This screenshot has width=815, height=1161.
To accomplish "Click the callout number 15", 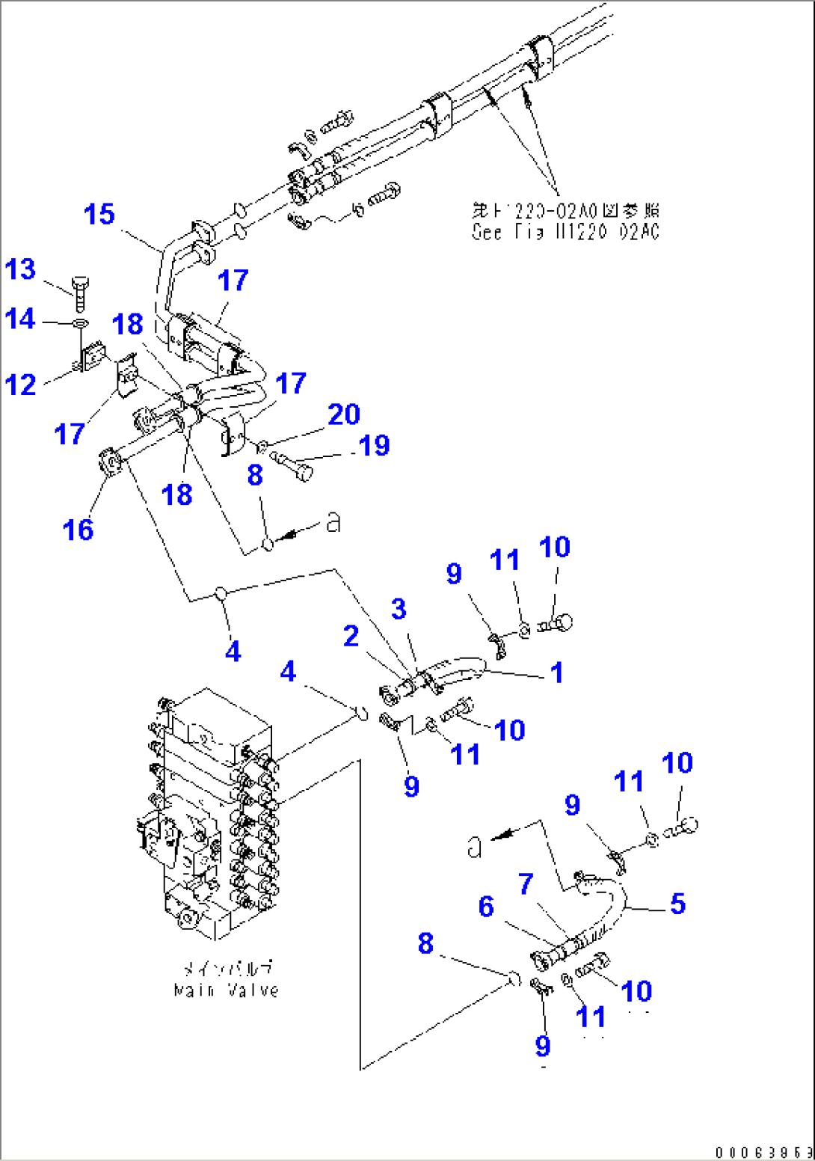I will click(99, 215).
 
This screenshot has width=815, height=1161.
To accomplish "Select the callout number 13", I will click(20, 269).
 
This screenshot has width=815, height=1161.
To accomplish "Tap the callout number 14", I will click(20, 319).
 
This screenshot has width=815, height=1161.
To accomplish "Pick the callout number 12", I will click(20, 385).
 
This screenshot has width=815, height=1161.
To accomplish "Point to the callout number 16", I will click(78, 530).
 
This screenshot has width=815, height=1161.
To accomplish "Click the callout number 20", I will click(344, 414).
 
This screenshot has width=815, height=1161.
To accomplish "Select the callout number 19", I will click(374, 446).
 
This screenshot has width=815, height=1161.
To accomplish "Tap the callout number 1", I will click(556, 673).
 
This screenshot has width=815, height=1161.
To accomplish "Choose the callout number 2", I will click(351, 637).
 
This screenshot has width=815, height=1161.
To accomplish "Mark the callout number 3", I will click(399, 609).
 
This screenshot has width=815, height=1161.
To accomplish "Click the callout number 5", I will click(677, 904).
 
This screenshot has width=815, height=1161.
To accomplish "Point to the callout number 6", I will click(486, 907).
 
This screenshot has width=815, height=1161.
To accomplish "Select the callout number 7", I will click(526, 884).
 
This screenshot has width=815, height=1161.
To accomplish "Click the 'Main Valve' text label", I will click(226, 990).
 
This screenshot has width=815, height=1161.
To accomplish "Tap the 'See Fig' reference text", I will click(565, 233).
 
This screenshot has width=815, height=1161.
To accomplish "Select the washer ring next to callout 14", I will click(80, 324).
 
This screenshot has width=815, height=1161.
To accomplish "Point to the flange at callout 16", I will click(110, 463).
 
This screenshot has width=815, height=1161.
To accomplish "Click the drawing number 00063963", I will click(763, 1152).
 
